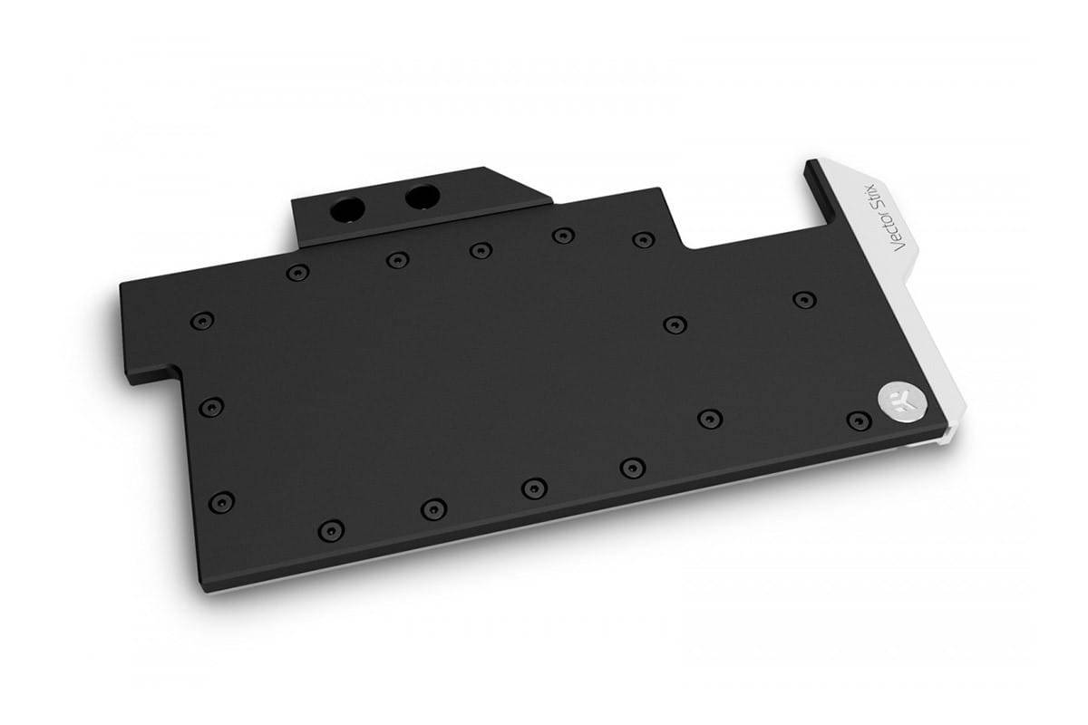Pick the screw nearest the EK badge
pyautogui.click(x=858, y=420)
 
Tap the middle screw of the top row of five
pyautogui.click(x=480, y=248)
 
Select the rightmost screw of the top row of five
pyautogui.click(x=643, y=240)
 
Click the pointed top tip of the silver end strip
pyautogui.click(x=810, y=165)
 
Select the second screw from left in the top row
pyautogui.click(x=397, y=260)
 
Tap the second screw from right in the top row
pyautogui.click(x=563, y=236)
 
